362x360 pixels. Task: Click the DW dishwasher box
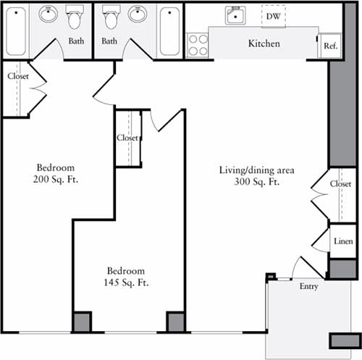click(x=273, y=15)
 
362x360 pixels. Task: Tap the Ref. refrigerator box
click(x=330, y=46)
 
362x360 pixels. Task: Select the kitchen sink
click(x=235, y=15)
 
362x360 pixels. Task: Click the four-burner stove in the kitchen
click(x=198, y=45)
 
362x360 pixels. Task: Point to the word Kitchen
click(x=264, y=44)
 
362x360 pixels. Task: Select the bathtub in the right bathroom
click(x=170, y=31)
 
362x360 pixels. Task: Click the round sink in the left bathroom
click(x=49, y=14)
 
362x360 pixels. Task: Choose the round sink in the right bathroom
click(x=137, y=14)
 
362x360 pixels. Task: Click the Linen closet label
click(x=344, y=240)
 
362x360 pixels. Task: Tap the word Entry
click(x=308, y=287)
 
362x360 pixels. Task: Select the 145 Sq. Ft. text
click(x=126, y=282)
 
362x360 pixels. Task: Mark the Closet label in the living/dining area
click(x=340, y=184)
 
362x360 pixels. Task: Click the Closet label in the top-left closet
click(x=18, y=75)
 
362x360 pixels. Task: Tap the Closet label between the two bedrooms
click(x=127, y=138)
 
